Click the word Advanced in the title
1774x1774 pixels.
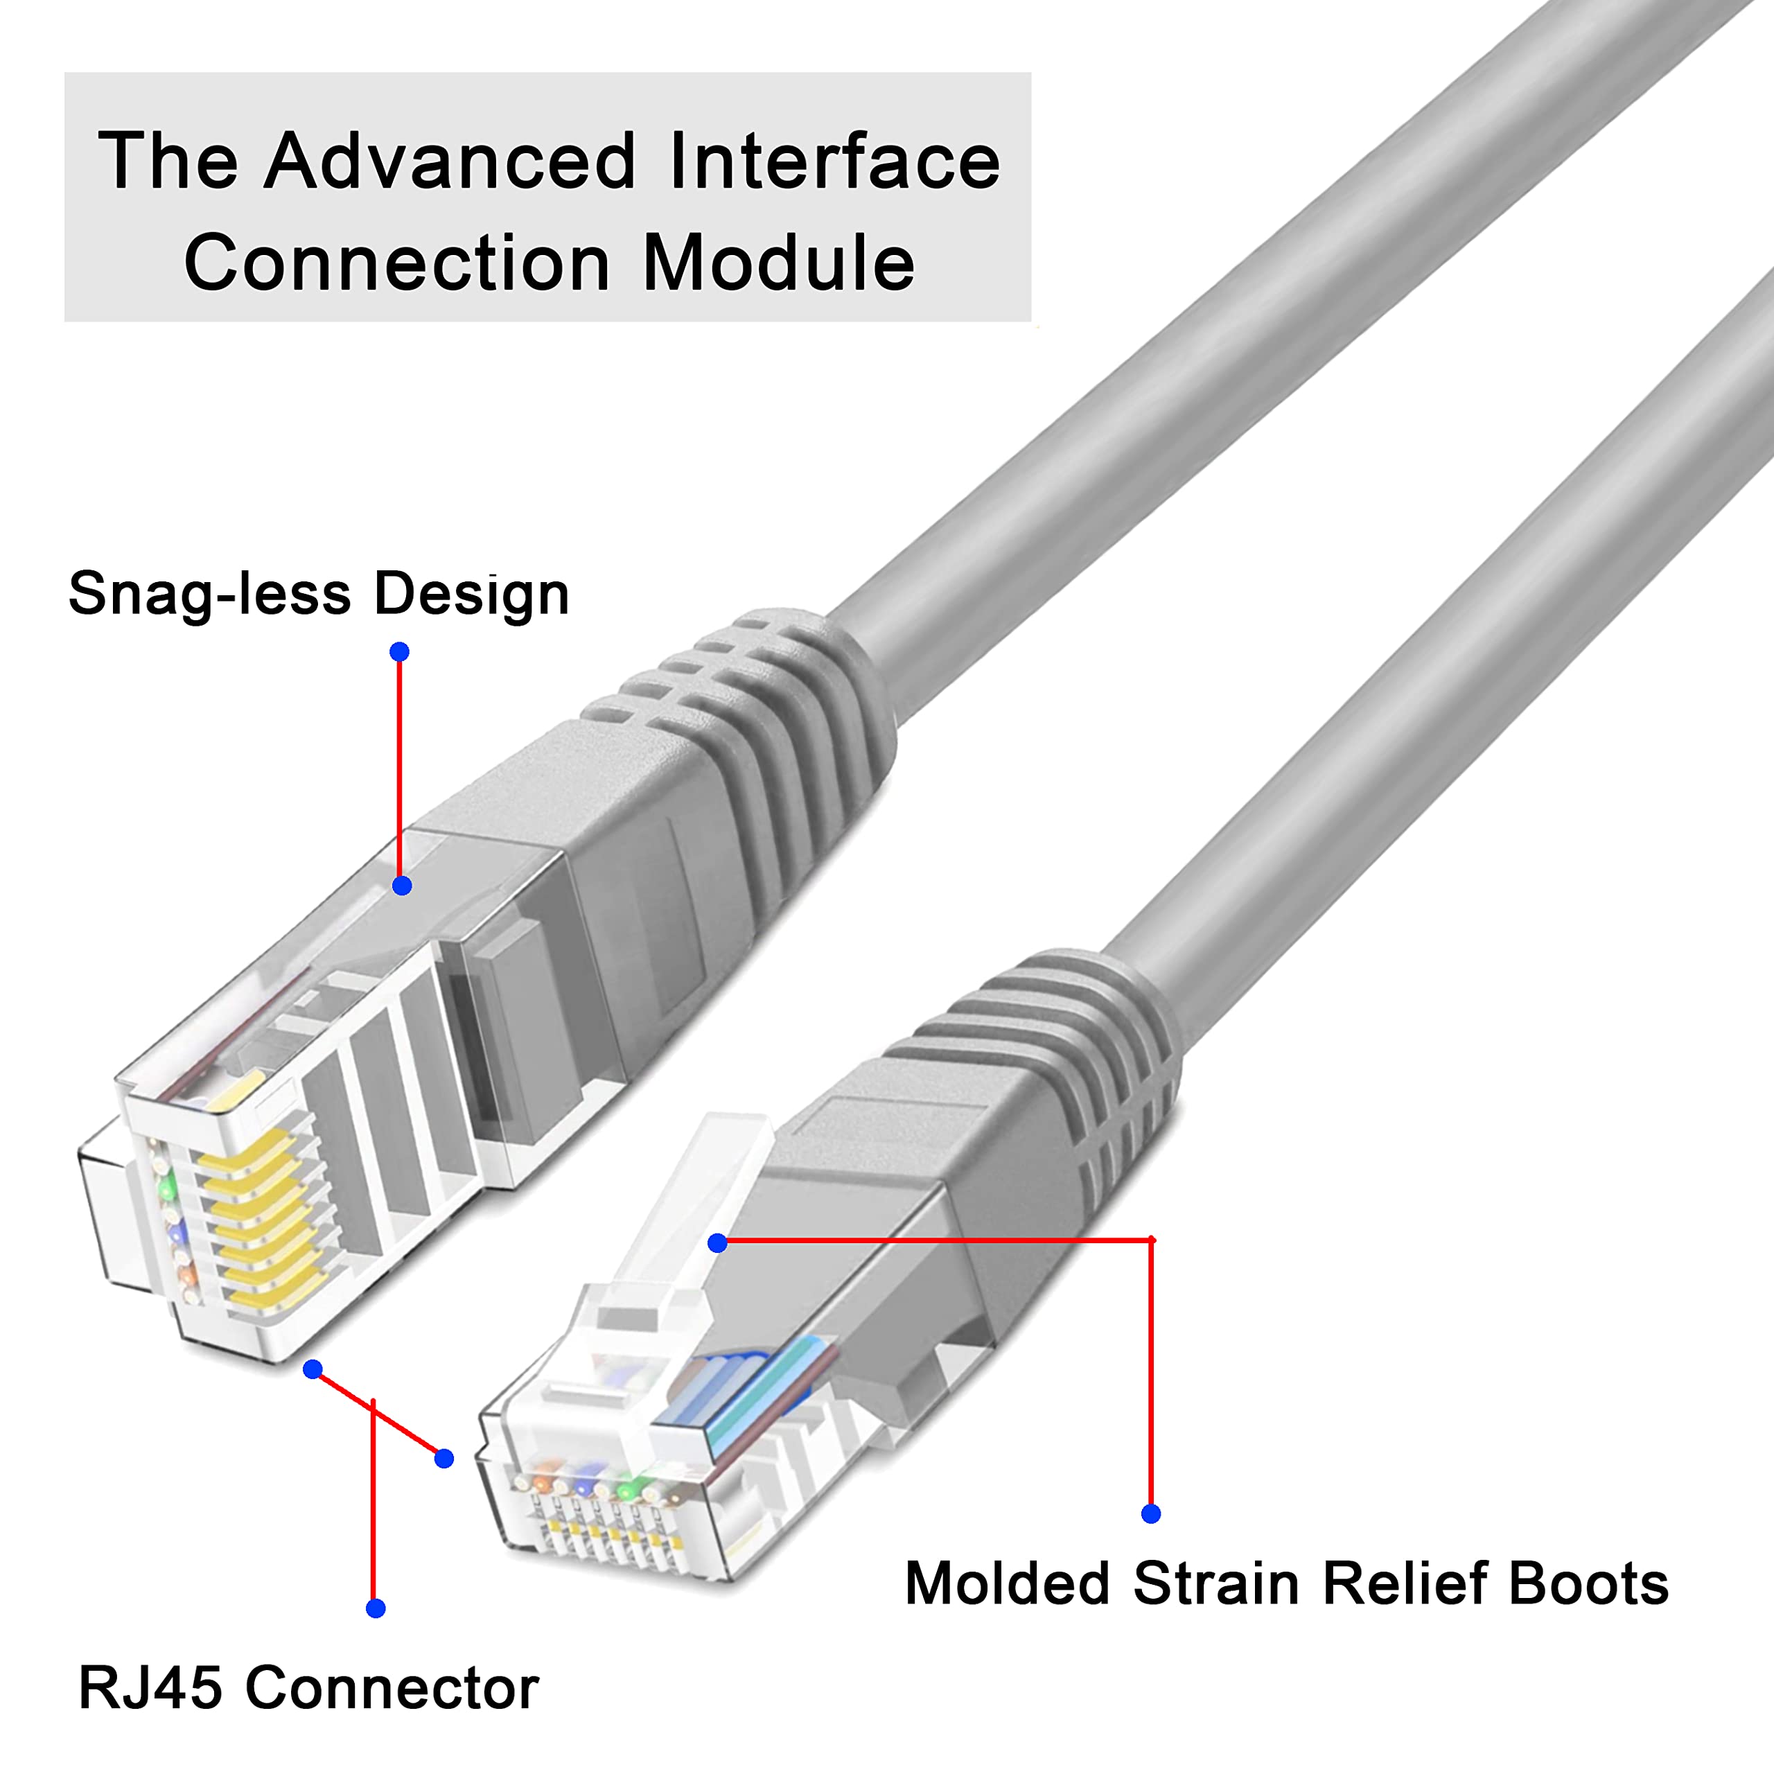tap(449, 161)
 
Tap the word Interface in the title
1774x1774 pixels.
tap(834, 161)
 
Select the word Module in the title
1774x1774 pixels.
tap(779, 263)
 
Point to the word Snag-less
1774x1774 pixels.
tap(209, 594)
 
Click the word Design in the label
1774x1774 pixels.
tap(471, 594)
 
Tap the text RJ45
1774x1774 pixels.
tap(150, 1687)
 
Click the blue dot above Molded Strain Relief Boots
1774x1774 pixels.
tap(1150, 1513)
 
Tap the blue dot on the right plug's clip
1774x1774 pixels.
tap(718, 1243)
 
